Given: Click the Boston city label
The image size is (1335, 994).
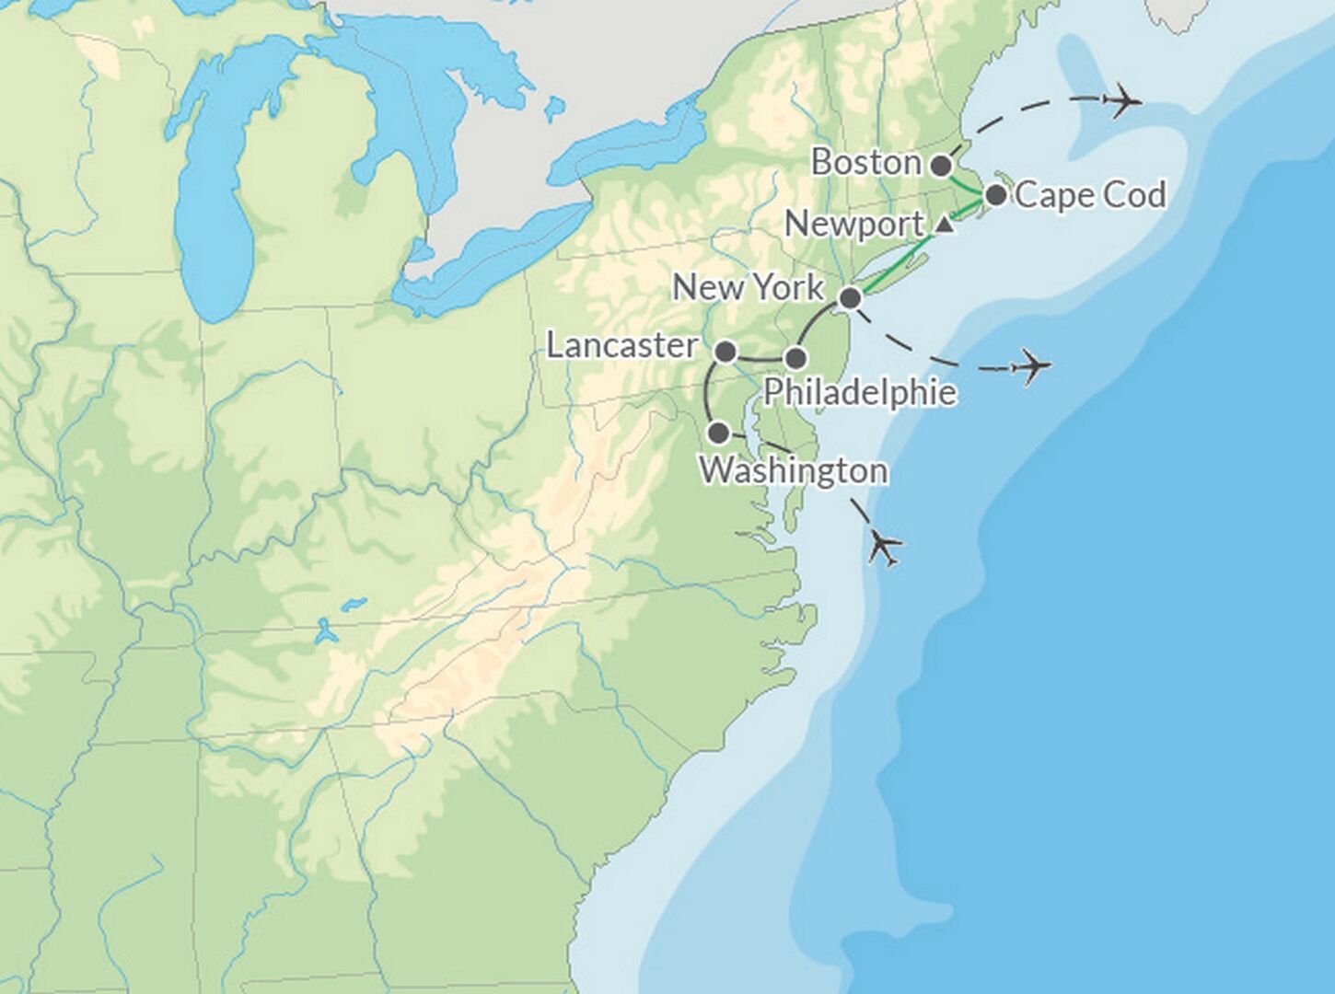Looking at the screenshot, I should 865,163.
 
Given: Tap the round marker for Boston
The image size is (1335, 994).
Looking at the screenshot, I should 941,166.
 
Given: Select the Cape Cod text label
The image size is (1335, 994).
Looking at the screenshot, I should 1091,195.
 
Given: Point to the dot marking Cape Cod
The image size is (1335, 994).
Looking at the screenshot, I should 995,195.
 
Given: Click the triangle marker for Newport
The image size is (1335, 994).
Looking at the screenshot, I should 944,225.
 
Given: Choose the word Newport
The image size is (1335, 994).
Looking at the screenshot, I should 854,225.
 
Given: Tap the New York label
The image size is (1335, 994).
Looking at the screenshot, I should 748,287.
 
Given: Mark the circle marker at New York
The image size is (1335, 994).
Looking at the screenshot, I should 851,298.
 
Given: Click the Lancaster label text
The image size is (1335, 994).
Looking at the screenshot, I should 622,346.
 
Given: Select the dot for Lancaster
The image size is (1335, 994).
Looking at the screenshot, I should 726,351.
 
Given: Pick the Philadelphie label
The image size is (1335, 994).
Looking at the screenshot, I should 860,393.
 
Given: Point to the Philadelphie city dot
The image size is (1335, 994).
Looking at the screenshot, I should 795,358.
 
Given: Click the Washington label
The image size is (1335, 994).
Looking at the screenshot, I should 794,470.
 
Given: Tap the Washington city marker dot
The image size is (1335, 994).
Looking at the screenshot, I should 719,433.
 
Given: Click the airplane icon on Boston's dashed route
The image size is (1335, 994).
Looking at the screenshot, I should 1120,99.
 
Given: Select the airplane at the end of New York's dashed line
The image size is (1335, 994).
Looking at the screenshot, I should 1031,367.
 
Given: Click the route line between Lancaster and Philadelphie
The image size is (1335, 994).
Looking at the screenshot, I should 760,358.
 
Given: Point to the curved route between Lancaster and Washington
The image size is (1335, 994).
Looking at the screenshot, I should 708,391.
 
